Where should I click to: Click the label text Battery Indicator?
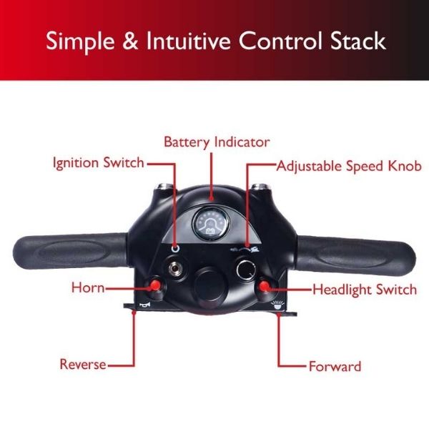click(x=216, y=142)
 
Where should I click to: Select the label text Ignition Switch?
click(x=98, y=162)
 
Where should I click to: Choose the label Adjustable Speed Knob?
click(x=349, y=166)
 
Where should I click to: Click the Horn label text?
click(x=88, y=288)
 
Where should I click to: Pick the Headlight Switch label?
click(x=364, y=290)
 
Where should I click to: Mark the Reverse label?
click(x=82, y=365)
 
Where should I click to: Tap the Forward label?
click(x=335, y=367)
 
